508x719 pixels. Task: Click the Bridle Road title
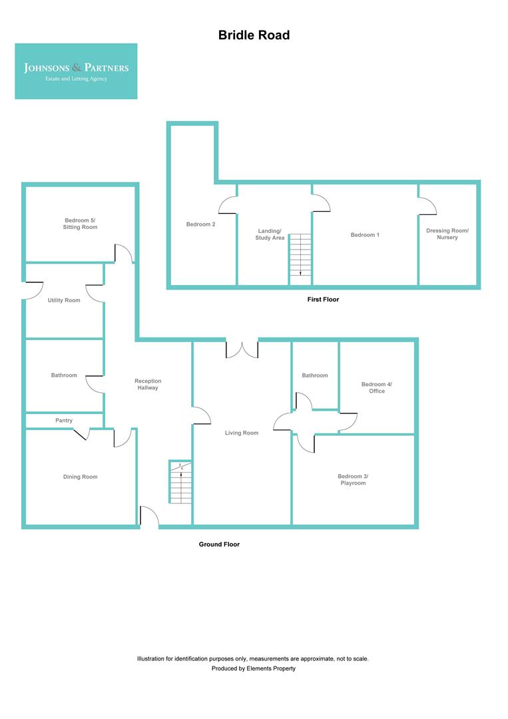(x=254, y=35)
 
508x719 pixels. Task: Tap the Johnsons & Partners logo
(x=76, y=71)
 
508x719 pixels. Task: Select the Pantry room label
(x=64, y=421)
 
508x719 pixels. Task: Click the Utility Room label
(x=64, y=300)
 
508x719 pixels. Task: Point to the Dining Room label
(x=80, y=477)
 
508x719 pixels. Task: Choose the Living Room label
(x=242, y=433)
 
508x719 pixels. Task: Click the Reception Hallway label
(x=148, y=384)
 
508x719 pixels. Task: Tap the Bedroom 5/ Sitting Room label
(x=81, y=224)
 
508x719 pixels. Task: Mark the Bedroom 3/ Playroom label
(x=352, y=479)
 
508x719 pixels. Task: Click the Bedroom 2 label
(x=200, y=224)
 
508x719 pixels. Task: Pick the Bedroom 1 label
(x=365, y=235)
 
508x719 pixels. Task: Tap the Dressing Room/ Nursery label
(x=447, y=234)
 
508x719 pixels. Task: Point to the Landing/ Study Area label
(x=270, y=234)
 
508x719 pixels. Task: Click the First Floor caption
(x=323, y=300)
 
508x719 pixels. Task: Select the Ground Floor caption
(x=219, y=545)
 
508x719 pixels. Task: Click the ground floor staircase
(x=180, y=484)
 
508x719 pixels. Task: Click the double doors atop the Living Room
(x=242, y=348)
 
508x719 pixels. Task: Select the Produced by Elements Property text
(x=253, y=668)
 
